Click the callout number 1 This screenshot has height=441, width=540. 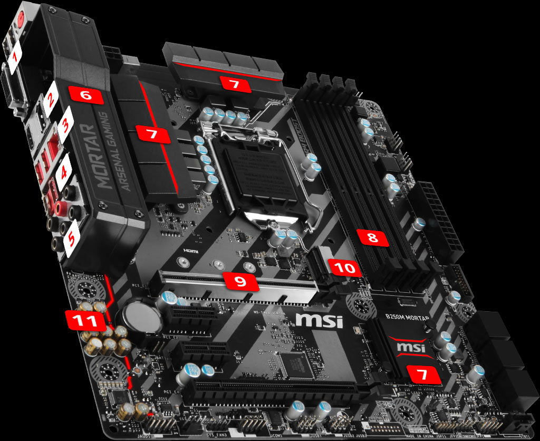coord(15,55)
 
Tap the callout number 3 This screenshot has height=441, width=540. coord(65,126)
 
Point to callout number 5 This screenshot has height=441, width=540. coord(70,241)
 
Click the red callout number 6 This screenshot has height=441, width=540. coord(86,95)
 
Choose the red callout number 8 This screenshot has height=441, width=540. coord(373,238)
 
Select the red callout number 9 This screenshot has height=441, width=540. coord(240,281)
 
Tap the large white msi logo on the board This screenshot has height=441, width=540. coord(319,320)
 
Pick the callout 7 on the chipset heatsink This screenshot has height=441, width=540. coord(421,375)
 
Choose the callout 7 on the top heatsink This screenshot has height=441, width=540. coord(235,83)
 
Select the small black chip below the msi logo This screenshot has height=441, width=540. coord(298,364)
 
